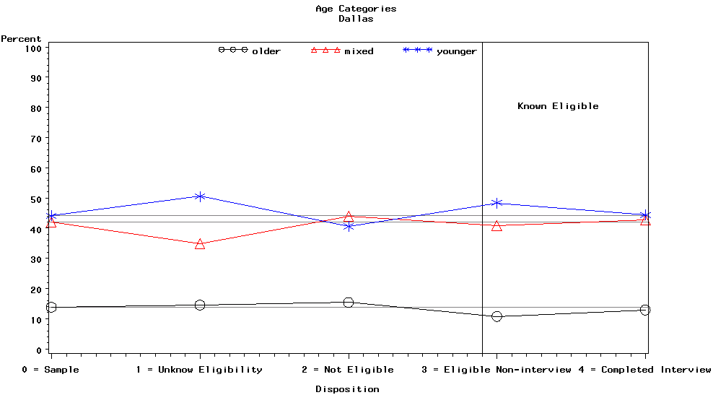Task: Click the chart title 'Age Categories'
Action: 356,9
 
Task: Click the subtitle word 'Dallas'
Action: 356,19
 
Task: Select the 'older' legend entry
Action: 266,51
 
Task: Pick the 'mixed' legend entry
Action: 359,51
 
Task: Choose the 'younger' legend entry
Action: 457,51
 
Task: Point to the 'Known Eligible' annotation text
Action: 558,106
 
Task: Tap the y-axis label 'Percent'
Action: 21,38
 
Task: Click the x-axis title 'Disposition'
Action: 347,389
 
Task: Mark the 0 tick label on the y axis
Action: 38,350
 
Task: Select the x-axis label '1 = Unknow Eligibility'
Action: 199,370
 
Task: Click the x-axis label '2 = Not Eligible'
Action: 348,370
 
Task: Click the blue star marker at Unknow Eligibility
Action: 200,196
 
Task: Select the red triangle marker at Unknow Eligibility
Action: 200,244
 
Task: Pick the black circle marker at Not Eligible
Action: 349,303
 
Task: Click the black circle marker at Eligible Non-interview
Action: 497,316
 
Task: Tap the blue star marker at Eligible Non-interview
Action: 497,203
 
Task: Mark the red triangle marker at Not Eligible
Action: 349,217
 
